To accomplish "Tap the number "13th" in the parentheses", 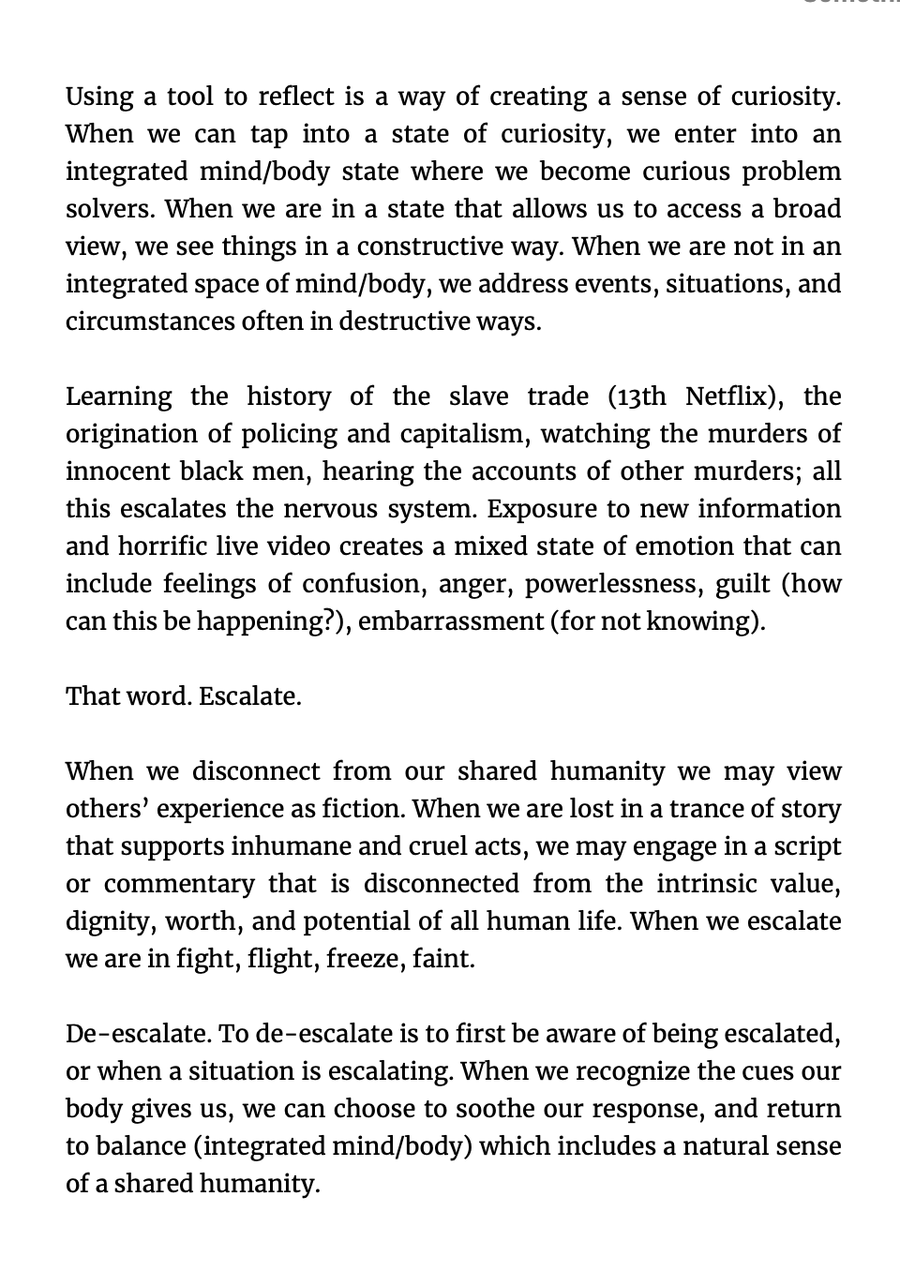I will (639, 396).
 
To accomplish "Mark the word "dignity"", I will (109, 921).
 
